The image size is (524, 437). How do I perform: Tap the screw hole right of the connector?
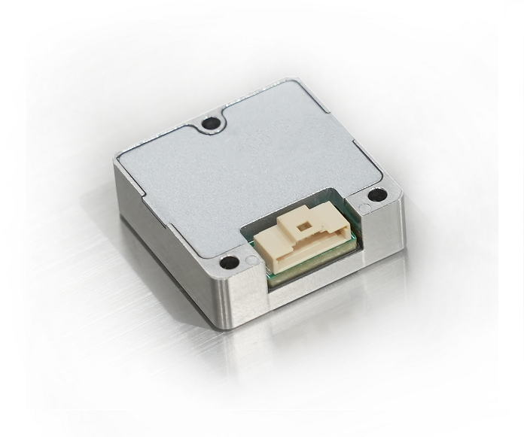(x=379, y=196)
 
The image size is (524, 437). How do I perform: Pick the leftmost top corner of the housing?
(x=115, y=156)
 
